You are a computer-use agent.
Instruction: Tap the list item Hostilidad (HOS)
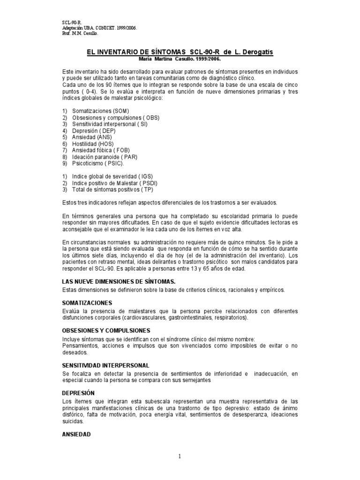pos(93,143)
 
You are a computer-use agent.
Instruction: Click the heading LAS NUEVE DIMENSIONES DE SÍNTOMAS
pos(119,281)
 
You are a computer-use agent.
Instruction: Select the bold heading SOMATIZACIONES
pos(87,302)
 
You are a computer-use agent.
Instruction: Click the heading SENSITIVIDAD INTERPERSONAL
pos(105,365)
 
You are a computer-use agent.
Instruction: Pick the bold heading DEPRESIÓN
pos(78,392)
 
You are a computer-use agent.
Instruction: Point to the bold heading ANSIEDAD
pos(76,434)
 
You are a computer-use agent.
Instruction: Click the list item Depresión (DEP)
pos(91,130)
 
